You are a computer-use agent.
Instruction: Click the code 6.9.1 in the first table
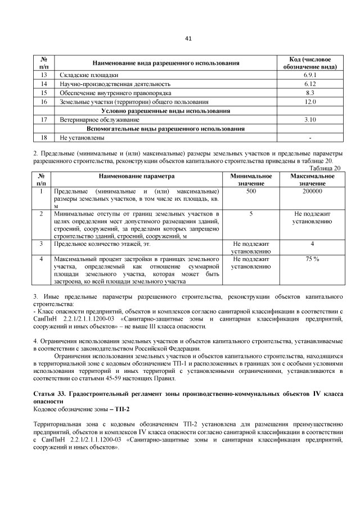[309, 74]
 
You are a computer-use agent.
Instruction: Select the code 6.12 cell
[309, 83]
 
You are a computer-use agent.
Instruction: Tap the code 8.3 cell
[309, 92]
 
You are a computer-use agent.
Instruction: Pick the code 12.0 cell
[309, 102]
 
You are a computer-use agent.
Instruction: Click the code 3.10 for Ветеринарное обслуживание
[309, 120]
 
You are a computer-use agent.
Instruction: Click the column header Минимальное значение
[251, 180]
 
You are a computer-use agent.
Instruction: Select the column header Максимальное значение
[312, 180]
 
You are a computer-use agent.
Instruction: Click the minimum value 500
[251, 192]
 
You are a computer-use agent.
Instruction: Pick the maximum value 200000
[312, 192]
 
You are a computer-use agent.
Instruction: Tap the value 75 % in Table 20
[312, 259]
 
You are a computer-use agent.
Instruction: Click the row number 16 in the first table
[43, 102]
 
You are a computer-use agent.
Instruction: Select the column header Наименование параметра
[138, 176]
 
